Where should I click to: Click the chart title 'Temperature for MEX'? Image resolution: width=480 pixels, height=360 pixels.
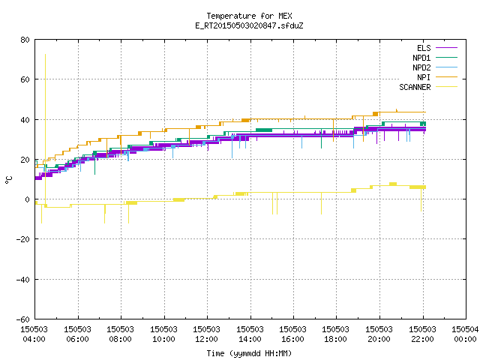click(249, 16)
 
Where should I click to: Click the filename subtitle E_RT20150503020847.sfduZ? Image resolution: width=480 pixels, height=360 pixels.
click(249, 25)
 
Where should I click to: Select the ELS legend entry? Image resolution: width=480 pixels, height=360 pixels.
click(436, 48)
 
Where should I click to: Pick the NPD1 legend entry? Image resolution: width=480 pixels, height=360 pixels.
click(435, 58)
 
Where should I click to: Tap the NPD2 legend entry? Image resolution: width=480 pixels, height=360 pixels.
click(435, 67)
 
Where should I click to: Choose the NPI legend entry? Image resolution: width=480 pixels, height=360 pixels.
click(436, 77)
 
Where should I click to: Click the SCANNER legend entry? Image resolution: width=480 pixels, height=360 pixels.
click(428, 87)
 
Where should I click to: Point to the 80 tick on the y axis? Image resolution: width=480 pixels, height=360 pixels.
click(25, 40)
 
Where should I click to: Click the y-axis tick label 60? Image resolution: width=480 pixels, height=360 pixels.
click(25, 79)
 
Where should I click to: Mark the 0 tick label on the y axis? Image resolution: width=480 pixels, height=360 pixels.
click(28, 199)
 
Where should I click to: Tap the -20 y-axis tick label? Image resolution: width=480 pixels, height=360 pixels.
click(22, 239)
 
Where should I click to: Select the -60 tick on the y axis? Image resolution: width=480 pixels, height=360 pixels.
click(22, 319)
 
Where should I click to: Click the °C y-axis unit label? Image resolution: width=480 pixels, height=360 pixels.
click(8, 180)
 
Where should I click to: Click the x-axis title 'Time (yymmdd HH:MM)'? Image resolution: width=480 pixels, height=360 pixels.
click(249, 353)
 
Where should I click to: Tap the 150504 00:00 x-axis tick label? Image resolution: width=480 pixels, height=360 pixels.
click(465, 334)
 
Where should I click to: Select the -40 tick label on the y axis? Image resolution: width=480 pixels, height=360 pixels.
click(22, 280)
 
